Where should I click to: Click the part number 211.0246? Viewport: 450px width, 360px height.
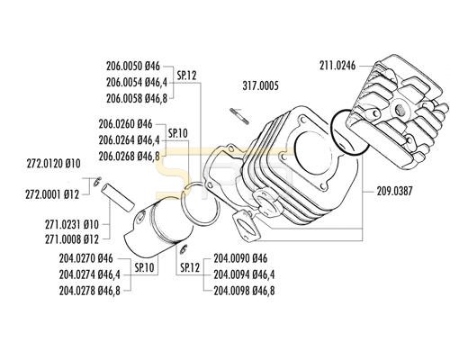pos(337,66)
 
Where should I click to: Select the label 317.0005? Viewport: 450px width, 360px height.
pos(260,85)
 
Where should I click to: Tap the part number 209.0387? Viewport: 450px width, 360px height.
pos(394,191)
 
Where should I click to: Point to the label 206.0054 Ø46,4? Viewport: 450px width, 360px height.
pos(137,82)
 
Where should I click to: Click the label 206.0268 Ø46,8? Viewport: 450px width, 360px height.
pos(129,156)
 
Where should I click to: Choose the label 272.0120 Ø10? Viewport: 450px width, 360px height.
pos(54,164)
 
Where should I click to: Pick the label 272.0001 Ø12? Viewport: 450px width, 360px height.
pos(52,195)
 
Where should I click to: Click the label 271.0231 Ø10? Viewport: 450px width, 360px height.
pos(72,224)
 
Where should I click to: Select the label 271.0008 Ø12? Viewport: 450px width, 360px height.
pos(72,239)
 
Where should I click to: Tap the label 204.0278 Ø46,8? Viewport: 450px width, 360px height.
pos(89,291)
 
